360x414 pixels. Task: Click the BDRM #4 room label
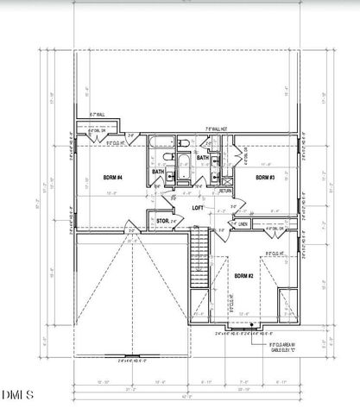click(113, 177)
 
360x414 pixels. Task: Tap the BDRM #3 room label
click(265, 177)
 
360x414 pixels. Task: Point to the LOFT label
click(198, 208)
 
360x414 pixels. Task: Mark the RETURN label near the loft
click(225, 191)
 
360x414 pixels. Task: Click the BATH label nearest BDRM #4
click(158, 171)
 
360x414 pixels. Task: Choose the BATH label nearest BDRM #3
click(201, 158)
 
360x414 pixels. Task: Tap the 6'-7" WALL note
click(98, 115)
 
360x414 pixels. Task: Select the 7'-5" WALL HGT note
click(216, 129)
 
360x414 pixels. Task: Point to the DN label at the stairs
click(196, 228)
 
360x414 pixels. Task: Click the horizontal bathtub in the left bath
click(162, 141)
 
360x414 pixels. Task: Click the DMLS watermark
click(17, 395)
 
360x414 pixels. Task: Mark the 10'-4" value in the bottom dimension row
click(160, 380)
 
